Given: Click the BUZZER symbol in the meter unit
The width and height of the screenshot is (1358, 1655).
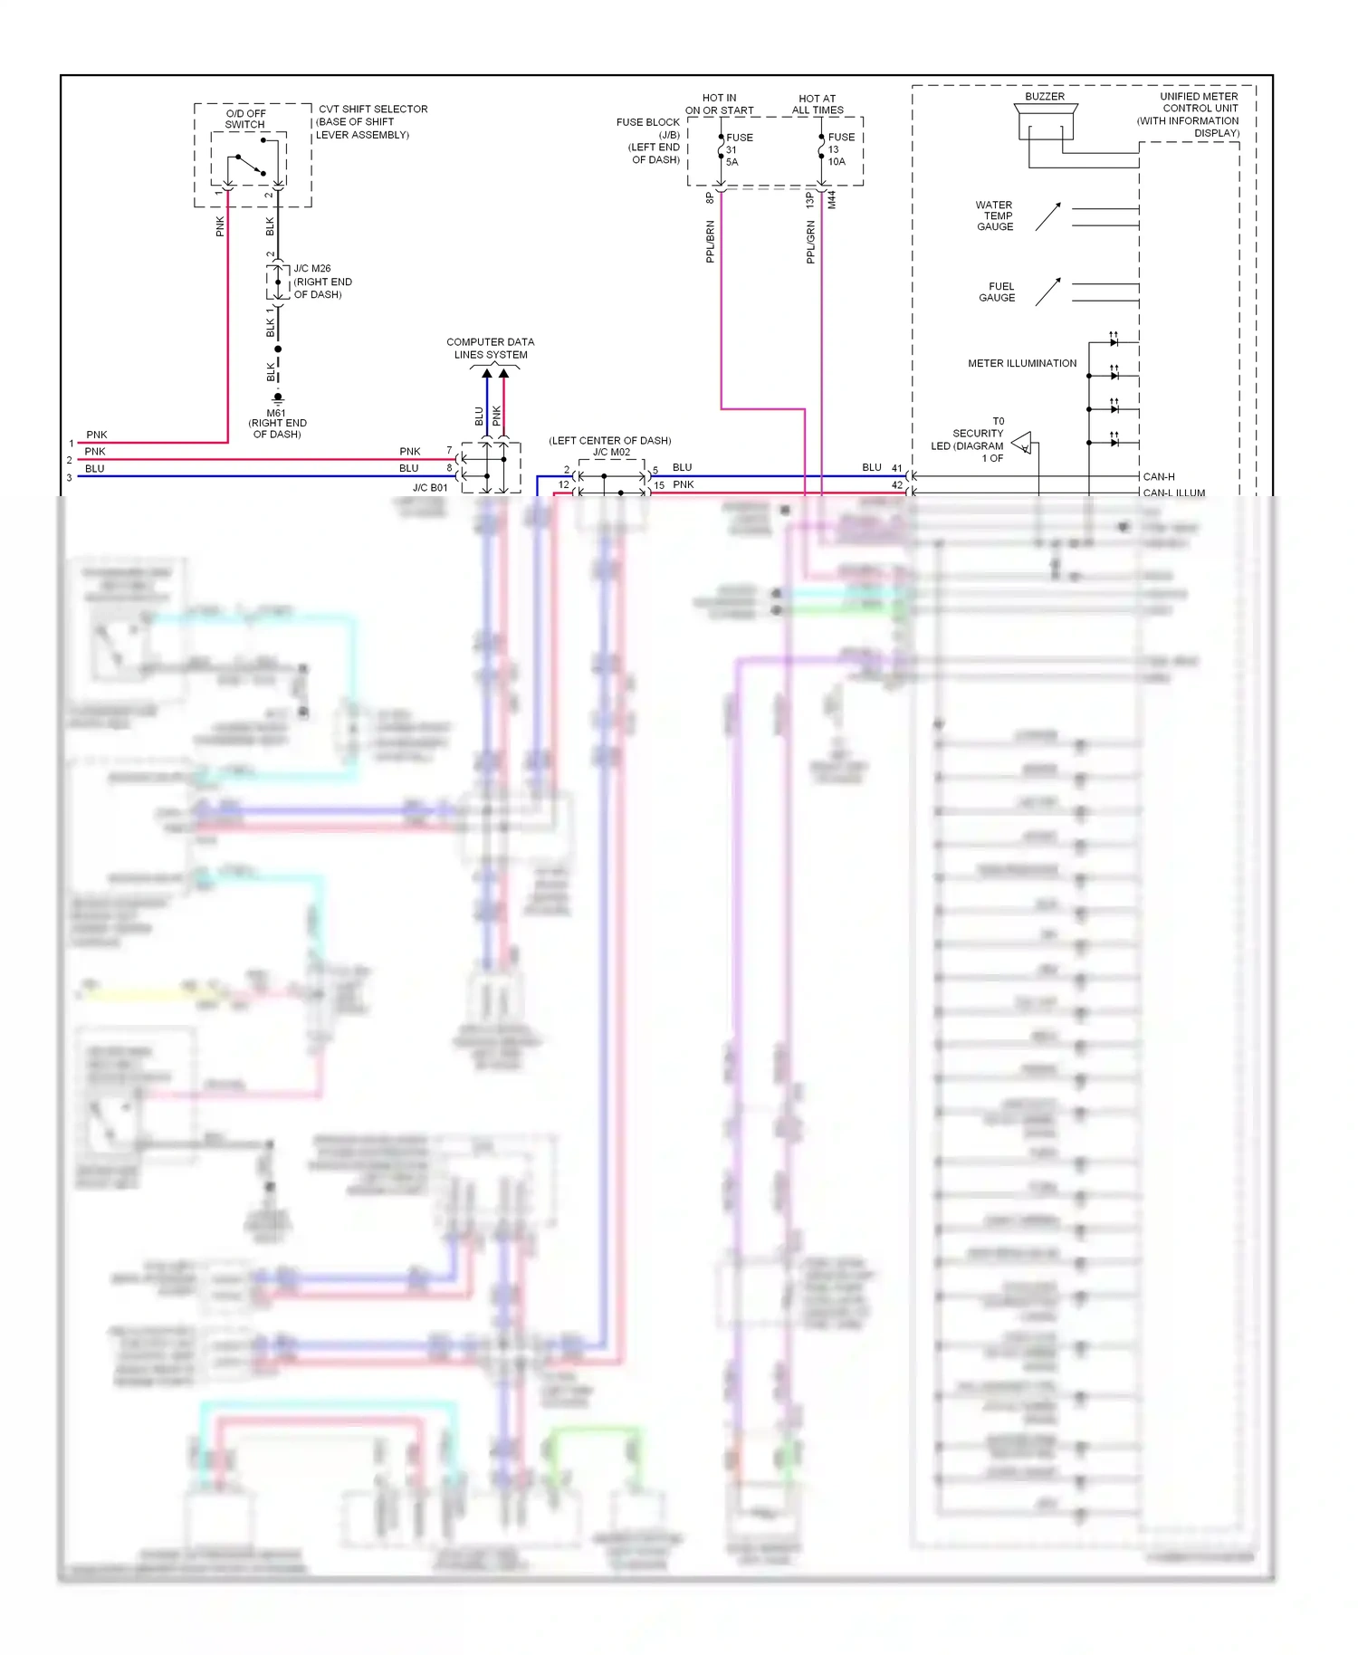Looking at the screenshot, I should tap(1045, 121).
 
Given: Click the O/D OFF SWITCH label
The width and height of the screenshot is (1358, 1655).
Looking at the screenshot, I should tap(245, 119).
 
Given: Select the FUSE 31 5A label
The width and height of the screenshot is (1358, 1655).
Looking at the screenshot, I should tap(738, 149).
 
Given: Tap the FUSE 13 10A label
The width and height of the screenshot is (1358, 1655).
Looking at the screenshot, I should tap(840, 149).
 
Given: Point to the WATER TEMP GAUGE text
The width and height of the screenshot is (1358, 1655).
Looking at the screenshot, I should tap(994, 215).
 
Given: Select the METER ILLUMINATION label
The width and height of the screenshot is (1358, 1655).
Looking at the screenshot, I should tap(1021, 363).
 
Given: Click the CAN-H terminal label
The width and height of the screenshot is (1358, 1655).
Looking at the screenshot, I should tap(1158, 476).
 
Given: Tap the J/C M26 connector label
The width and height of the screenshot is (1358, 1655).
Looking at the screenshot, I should tap(312, 269).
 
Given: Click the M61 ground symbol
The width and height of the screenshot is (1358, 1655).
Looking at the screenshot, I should tap(278, 397).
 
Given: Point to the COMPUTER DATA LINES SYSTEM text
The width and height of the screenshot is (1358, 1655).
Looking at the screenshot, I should tap(490, 349).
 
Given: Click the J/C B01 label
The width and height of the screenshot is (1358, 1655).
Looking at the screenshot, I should tap(430, 487).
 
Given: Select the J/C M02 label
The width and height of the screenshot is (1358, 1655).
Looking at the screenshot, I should tap(611, 452).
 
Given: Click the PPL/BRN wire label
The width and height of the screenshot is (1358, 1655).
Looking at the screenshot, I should tap(710, 242).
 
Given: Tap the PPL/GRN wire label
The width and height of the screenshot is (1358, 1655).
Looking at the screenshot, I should tap(810, 242).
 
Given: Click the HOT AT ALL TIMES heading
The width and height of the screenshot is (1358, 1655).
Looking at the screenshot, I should tap(817, 104).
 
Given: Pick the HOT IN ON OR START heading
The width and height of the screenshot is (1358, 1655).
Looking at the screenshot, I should tap(719, 104).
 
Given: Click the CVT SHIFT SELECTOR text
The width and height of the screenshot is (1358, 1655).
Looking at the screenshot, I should tap(372, 109).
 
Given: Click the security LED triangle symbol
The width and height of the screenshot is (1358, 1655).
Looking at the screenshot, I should tap(1022, 443).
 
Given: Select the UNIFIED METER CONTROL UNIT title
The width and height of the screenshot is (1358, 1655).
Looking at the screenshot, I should tap(1198, 102).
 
